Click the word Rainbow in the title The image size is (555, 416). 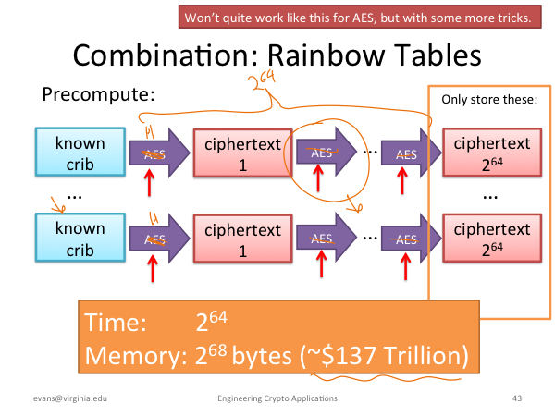(x=326, y=55)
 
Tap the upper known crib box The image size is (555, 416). (x=80, y=153)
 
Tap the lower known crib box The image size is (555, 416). (x=80, y=238)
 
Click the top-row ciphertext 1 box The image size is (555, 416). (x=242, y=153)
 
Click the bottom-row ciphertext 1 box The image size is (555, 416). (x=242, y=239)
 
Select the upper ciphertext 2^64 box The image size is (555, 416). (x=492, y=153)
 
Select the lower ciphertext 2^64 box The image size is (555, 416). (x=492, y=239)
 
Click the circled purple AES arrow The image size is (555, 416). (x=326, y=153)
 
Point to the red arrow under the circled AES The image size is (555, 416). (x=318, y=178)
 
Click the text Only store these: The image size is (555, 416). (x=489, y=100)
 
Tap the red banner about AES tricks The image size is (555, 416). (x=360, y=17)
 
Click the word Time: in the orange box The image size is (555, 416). (x=116, y=322)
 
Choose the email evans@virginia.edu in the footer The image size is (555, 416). (x=70, y=398)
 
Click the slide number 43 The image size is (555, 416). (x=517, y=398)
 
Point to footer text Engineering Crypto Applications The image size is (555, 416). (x=277, y=398)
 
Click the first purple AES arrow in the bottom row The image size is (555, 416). (x=160, y=239)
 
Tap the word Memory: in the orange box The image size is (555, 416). (x=136, y=355)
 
